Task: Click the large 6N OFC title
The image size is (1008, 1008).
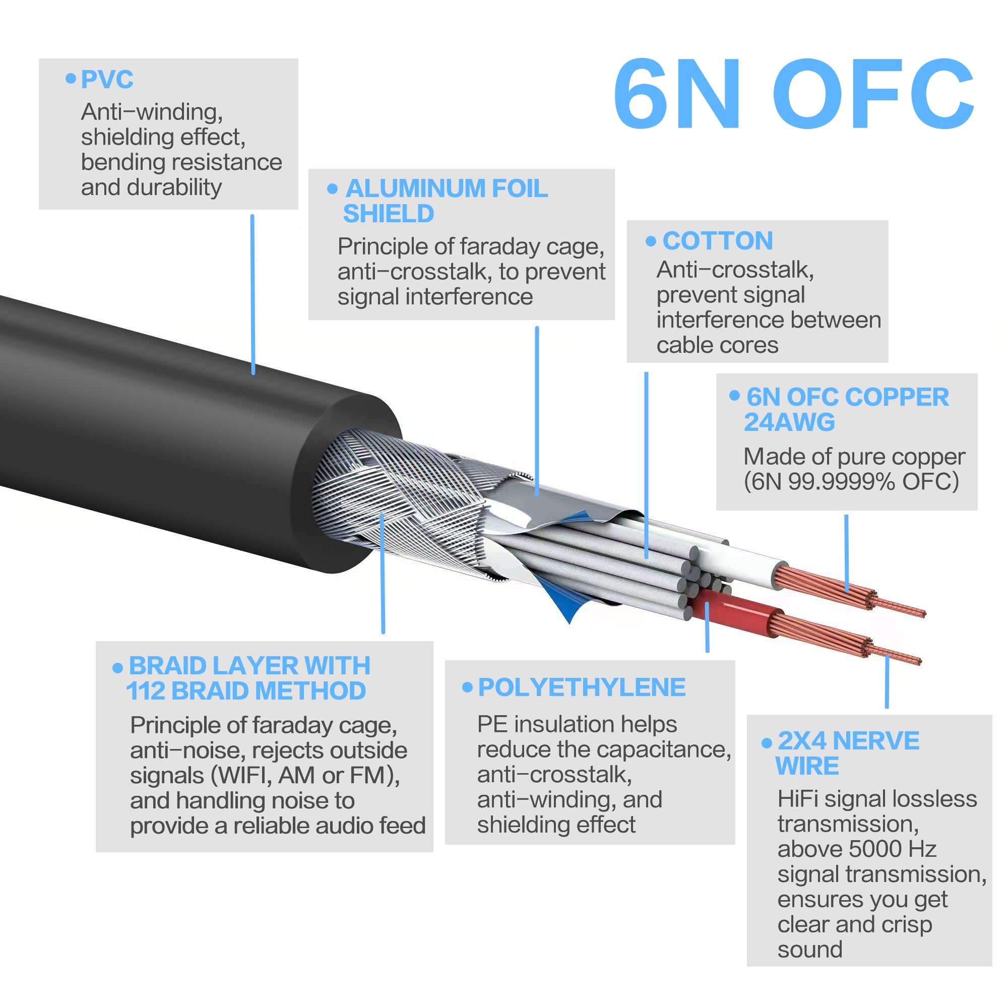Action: click(x=793, y=94)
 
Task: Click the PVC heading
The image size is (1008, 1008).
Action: click(x=107, y=80)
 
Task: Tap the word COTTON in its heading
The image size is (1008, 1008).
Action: click(x=717, y=241)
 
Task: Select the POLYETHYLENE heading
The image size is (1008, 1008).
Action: click(x=581, y=687)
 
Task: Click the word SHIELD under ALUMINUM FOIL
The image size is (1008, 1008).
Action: click(x=388, y=214)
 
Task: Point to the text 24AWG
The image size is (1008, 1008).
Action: click(x=789, y=423)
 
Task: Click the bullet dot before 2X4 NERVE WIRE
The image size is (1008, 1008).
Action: click(x=767, y=743)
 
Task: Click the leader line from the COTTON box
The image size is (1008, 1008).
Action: click(x=646, y=464)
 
